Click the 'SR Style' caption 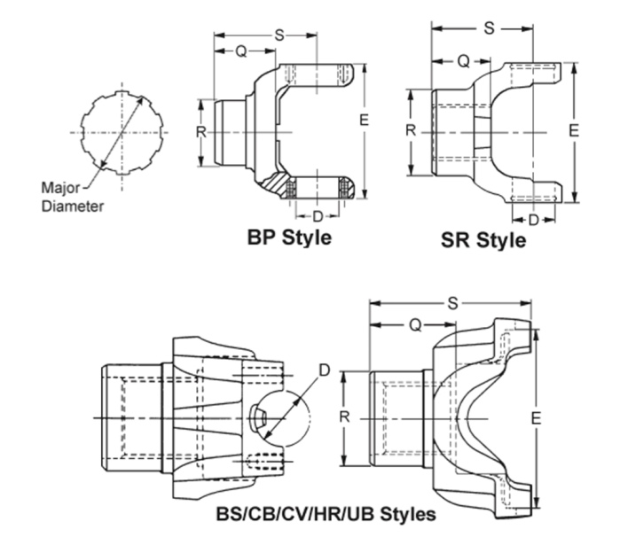click(483, 240)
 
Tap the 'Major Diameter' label click(72, 197)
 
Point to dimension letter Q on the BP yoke click(240, 51)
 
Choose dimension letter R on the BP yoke click(201, 131)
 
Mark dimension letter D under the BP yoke click(317, 215)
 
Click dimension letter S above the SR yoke click(489, 28)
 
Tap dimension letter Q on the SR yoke click(462, 61)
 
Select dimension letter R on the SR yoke click(411, 130)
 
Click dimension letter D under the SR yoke click(534, 219)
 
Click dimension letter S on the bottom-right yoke click(452, 304)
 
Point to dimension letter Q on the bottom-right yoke click(414, 324)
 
